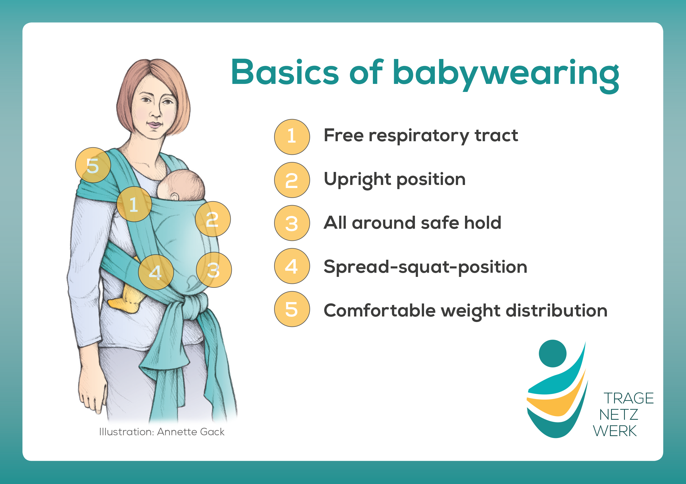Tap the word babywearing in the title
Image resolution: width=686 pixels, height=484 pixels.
point(506,75)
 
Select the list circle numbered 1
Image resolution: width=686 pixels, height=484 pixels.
point(292,137)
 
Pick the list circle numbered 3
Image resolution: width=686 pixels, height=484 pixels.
point(292,223)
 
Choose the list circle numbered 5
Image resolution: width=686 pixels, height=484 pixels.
point(292,309)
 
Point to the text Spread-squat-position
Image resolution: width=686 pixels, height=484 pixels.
point(425,267)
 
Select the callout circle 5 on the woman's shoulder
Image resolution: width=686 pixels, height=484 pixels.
point(93,165)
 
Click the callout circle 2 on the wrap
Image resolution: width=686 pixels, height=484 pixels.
point(213,219)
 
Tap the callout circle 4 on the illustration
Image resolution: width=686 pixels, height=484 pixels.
point(156,272)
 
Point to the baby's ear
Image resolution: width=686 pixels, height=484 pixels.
point(175,196)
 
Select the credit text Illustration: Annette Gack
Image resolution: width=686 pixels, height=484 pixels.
point(162,432)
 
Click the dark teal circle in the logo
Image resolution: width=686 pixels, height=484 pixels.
point(552,353)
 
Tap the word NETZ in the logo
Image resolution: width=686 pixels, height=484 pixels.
point(618,415)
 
